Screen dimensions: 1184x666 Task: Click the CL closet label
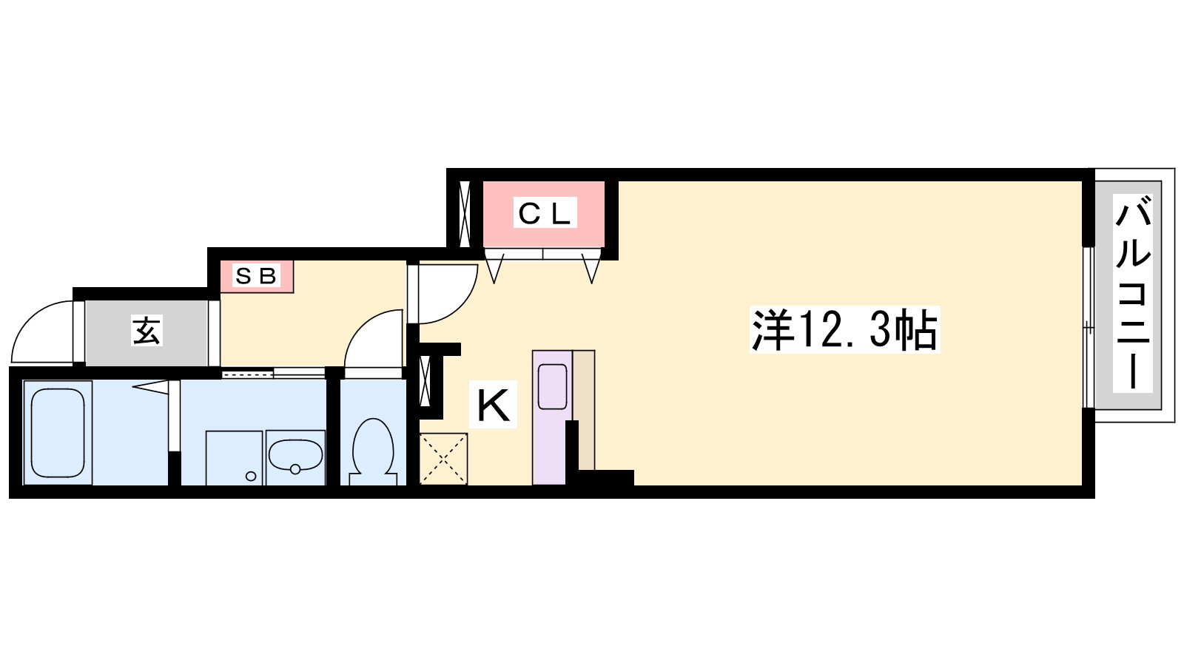(545, 214)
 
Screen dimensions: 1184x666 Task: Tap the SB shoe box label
(256, 275)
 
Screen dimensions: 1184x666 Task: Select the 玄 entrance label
(147, 331)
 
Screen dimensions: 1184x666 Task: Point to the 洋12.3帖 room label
(844, 330)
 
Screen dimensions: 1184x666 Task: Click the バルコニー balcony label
(1132, 293)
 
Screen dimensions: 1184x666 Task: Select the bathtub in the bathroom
(58, 433)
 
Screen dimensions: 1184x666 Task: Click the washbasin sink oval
(295, 456)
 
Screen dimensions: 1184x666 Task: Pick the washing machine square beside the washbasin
(234, 458)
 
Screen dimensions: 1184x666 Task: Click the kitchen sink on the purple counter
(552, 386)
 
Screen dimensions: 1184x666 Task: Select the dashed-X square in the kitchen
(443, 459)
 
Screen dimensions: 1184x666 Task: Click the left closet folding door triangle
(494, 269)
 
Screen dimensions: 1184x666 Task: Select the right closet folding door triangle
(591, 269)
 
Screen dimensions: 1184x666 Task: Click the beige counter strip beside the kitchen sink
(584, 410)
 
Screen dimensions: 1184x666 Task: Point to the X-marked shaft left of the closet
(465, 214)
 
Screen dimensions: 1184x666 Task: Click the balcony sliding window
(1088, 328)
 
